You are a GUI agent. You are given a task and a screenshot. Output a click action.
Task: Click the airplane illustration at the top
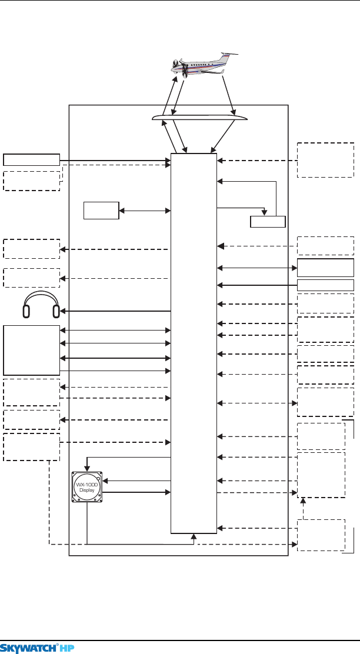click(x=204, y=65)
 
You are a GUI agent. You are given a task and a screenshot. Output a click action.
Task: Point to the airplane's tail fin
click(x=227, y=57)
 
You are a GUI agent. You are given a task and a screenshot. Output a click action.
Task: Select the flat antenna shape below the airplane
click(x=199, y=117)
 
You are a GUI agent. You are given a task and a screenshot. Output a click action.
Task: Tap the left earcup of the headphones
click(x=26, y=312)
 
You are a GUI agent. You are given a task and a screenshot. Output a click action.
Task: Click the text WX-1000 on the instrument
click(x=87, y=484)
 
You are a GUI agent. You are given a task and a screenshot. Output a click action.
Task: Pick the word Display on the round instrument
click(x=87, y=490)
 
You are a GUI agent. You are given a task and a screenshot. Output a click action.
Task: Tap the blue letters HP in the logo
click(x=66, y=648)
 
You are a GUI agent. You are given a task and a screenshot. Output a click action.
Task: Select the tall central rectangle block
click(x=194, y=343)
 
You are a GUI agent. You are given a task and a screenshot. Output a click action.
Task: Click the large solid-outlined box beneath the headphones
click(x=32, y=351)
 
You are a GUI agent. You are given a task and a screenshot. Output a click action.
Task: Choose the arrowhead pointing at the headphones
click(x=62, y=311)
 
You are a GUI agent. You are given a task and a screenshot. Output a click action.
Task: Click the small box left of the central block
click(x=101, y=210)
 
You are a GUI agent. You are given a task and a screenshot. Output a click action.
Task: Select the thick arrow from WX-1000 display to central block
click(x=137, y=493)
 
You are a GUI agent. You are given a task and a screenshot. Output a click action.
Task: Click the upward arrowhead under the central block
click(x=194, y=536)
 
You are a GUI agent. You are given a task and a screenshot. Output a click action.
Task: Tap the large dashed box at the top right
click(x=325, y=160)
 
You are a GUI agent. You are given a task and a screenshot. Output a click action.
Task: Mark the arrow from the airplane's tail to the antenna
click(x=229, y=96)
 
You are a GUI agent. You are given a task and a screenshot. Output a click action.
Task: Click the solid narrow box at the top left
click(x=32, y=160)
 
